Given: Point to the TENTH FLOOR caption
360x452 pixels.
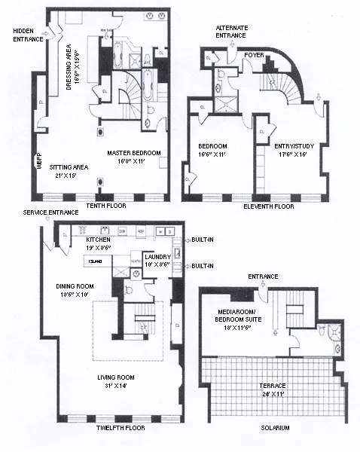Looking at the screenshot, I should coord(106,206).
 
